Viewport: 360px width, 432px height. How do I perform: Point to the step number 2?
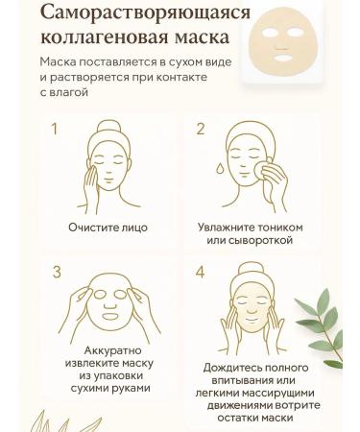click(x=201, y=129)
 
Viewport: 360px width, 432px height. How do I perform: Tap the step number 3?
click(x=56, y=273)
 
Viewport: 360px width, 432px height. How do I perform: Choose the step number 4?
click(x=201, y=273)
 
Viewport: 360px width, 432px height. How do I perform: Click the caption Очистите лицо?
click(x=108, y=228)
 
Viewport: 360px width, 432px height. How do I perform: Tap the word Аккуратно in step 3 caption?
click(x=107, y=349)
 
